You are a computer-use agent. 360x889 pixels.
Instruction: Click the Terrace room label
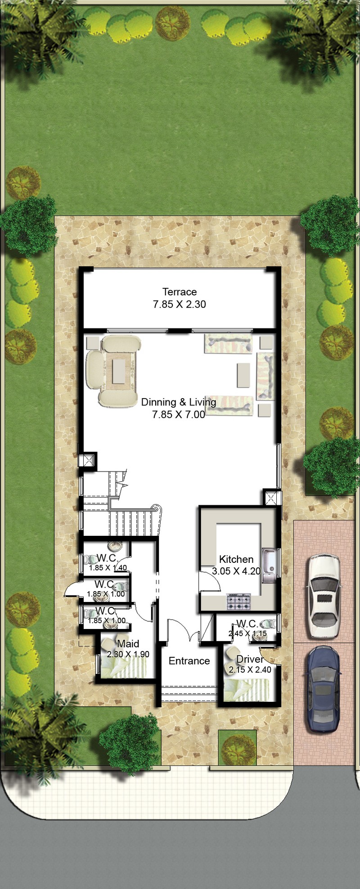point(180,292)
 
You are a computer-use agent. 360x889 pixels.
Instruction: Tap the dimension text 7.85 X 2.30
point(180,304)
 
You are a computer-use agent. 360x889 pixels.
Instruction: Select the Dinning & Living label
point(179,402)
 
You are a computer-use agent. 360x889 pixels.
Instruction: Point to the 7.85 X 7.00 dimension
point(179,414)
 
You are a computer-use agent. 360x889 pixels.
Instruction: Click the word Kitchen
point(236,559)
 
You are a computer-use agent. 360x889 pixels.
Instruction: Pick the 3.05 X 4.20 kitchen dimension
point(236,571)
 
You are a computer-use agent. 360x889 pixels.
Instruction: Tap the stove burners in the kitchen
point(238,602)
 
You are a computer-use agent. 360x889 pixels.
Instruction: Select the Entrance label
point(189,661)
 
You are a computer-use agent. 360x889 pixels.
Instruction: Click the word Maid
point(128,644)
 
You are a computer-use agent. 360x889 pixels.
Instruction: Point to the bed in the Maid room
point(123,666)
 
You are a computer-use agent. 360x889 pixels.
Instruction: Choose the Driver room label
point(250,659)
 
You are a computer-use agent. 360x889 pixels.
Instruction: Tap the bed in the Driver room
point(247,689)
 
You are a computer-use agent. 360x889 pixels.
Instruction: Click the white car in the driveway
point(324,595)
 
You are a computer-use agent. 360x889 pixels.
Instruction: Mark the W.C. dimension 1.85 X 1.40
point(108,568)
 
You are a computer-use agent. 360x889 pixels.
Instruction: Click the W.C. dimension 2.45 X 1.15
point(247,633)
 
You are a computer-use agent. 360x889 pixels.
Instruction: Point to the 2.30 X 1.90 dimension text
point(128,654)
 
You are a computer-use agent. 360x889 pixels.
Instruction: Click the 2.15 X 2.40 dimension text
point(250,669)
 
